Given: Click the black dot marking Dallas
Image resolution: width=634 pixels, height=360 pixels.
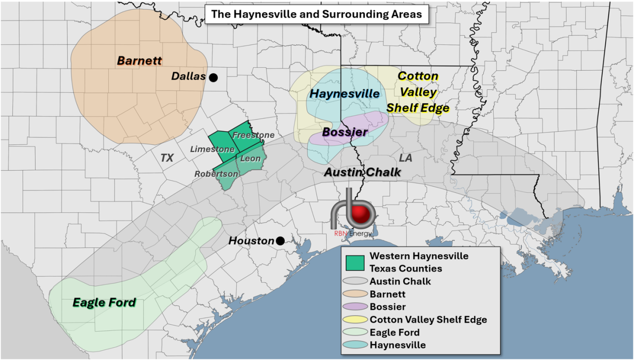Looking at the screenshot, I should (213, 77).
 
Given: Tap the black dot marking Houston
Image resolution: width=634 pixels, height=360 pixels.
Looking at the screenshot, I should (280, 240).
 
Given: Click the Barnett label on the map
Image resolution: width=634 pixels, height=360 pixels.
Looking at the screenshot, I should (139, 61).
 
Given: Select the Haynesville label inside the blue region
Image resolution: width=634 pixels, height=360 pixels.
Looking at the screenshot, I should (345, 94).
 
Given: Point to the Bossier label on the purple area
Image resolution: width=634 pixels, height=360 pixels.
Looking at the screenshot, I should (345, 132).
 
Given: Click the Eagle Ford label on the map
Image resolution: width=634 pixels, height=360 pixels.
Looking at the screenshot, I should (104, 302).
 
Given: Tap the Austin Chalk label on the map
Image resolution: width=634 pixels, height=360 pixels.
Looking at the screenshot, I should (362, 172).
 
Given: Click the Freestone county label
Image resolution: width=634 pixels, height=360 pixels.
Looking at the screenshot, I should (253, 135).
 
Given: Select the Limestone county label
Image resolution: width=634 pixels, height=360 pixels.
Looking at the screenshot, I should (212, 149).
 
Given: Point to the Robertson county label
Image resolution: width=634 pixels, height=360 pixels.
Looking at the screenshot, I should (216, 174).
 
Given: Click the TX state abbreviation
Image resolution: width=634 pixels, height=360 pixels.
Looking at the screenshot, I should (167, 158).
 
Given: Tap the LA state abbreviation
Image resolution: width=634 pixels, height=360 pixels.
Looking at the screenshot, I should (405, 158).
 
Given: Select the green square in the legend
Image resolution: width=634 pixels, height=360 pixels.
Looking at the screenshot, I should (355, 262).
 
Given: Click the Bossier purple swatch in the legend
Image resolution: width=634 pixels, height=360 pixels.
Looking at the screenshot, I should (355, 307).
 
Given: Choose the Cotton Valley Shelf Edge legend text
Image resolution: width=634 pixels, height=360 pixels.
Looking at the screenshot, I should (428, 320).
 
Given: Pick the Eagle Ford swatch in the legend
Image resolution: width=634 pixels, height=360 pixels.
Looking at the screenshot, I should (355, 333).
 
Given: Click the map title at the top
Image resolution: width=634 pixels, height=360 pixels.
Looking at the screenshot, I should (317, 14).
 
